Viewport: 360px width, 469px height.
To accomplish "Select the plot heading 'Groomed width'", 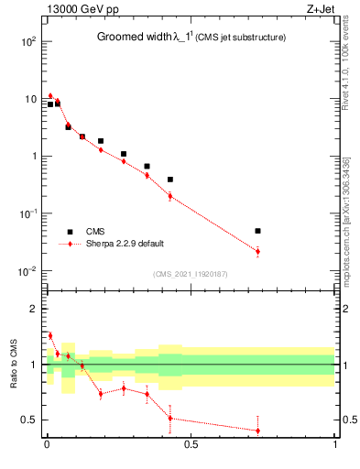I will [x=135, y=37].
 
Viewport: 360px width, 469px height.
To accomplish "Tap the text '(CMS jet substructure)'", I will [x=240, y=37].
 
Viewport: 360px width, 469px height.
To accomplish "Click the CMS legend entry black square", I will [x=69, y=231].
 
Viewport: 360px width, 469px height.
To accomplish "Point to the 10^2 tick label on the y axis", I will [x=28, y=41].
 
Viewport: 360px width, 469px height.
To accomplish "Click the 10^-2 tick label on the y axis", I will [x=27, y=271].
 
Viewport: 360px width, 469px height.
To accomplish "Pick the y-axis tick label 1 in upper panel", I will [x=35, y=157].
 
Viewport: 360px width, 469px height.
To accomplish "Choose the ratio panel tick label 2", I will [x=35, y=309].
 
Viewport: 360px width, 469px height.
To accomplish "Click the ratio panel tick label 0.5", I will [x=30, y=420].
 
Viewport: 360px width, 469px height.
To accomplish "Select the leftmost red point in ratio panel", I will [x=50, y=335].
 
